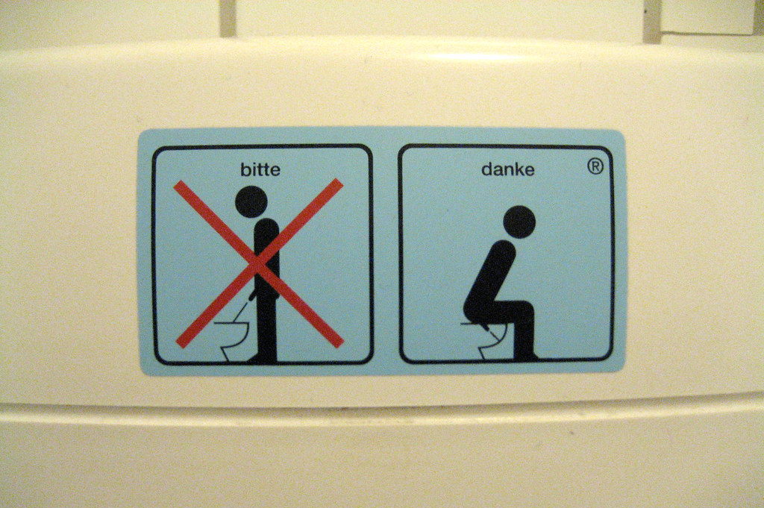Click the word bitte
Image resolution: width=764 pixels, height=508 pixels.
point(260,169)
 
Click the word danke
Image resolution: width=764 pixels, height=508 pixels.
point(507,169)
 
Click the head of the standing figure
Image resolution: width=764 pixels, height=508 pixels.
point(251,201)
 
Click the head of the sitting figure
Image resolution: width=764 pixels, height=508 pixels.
point(519,222)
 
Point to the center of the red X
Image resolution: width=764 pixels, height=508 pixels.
point(259,263)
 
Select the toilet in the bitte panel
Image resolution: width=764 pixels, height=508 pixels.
point(231,339)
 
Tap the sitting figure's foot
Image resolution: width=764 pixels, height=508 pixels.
point(527,356)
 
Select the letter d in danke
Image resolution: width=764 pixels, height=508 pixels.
point(486,169)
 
